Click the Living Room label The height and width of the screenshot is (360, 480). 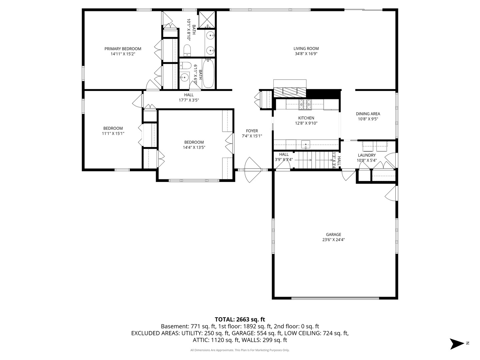point(306,48)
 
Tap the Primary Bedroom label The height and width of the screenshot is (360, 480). point(123,49)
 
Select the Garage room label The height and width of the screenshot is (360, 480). point(333,234)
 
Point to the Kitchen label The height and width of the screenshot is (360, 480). point(306,118)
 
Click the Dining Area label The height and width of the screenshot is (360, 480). point(368,114)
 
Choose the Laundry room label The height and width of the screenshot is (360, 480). point(367,155)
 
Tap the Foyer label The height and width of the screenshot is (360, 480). point(252,131)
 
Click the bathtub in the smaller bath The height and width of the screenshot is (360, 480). point(208,74)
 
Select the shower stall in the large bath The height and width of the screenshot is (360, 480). point(207,20)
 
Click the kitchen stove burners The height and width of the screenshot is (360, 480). point(305,105)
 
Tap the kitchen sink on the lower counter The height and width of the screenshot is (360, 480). point(306,145)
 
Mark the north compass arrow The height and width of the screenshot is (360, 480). point(456,343)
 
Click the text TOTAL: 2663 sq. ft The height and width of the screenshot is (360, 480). point(240,319)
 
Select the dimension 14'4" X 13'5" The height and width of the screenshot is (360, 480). point(194,147)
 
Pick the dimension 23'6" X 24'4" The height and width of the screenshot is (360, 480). point(333,239)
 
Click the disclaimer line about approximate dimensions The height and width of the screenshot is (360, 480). point(240,350)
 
